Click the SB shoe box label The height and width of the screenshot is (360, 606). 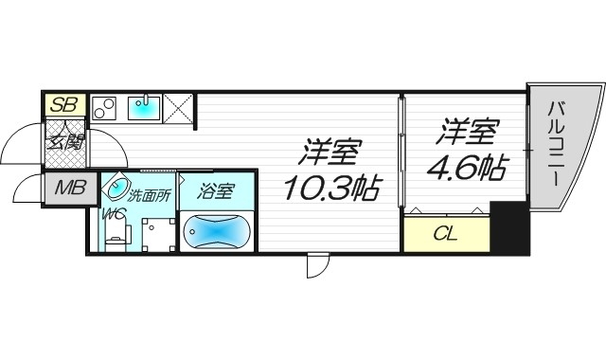[63, 104]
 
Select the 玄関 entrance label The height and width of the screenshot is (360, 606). [65, 145]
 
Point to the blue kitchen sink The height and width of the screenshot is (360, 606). [145, 106]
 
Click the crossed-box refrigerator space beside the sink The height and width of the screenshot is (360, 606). [180, 108]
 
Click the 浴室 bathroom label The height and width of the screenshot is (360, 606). [215, 190]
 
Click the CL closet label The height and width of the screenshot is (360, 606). [445, 233]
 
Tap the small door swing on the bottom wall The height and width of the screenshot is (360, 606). [315, 267]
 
